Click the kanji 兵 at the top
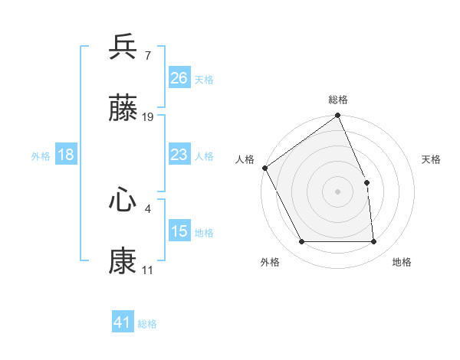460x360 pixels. [x=123, y=47]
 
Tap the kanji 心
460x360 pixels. [x=123, y=201]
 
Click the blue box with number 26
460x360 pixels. [x=179, y=77]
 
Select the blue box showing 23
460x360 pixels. [x=179, y=155]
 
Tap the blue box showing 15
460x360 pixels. [x=179, y=231]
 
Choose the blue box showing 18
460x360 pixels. [x=66, y=155]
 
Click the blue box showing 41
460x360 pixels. [x=123, y=323]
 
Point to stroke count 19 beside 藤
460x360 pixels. [x=148, y=117]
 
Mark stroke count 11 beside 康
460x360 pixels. [x=147, y=270]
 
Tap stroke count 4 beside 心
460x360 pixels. [x=147, y=207]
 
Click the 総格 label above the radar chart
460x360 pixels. [x=338, y=100]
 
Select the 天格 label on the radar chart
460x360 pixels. [x=432, y=159]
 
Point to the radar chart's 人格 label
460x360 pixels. [x=245, y=159]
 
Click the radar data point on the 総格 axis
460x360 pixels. [x=338, y=116]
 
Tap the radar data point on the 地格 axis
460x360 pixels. [x=373, y=242]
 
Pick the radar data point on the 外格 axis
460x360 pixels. [x=302, y=242]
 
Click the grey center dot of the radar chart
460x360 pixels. [x=338, y=191]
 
